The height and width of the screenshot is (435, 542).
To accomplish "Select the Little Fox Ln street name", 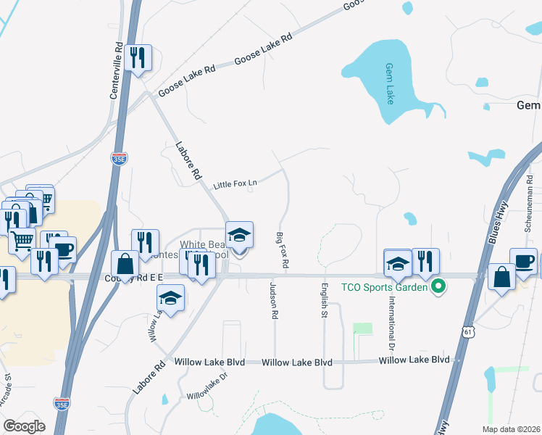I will pos(235,186).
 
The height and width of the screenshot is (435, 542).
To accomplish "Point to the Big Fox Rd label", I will pos(282,252).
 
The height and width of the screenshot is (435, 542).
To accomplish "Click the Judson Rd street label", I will pos(275,300).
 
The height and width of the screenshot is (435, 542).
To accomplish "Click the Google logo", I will pos(24,426).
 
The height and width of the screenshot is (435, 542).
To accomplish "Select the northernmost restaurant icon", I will pos(138,57).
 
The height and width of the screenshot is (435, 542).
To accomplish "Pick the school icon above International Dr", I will pos(398,264).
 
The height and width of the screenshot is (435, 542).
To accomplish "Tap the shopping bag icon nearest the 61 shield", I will pos(502,278).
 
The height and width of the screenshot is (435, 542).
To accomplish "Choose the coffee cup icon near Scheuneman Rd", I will pos(523,262).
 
